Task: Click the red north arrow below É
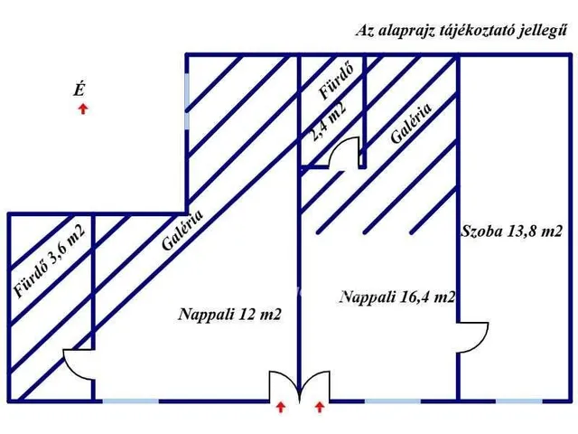tap(84, 108)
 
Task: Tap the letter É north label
tap(79, 90)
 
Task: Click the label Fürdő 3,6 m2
tap(50, 260)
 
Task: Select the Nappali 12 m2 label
tap(229, 315)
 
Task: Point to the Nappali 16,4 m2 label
tap(397, 297)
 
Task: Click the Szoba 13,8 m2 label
tap(512, 231)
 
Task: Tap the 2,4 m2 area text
tap(328, 121)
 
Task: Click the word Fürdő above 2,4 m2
tap(336, 81)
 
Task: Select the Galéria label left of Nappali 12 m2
tap(182, 231)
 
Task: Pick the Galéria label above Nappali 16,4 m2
tap(411, 123)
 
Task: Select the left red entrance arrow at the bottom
tap(281, 407)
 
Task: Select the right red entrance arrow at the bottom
tap(320, 407)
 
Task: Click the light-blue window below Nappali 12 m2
tap(131, 401)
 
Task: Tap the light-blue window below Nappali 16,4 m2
tap(393, 401)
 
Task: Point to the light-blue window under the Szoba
tap(519, 401)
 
